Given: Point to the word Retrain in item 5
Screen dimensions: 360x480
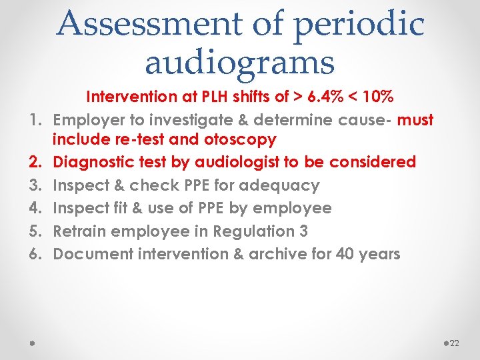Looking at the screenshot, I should point(79,231).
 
